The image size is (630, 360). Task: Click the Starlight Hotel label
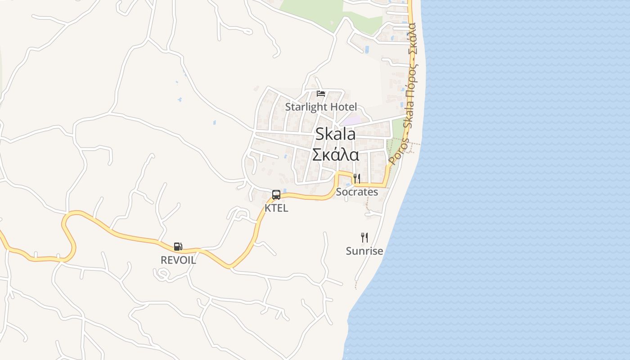(x=321, y=107)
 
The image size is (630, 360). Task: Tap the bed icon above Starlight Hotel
(x=321, y=94)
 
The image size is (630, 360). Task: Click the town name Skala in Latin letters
(x=335, y=134)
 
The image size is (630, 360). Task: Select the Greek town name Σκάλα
(x=335, y=155)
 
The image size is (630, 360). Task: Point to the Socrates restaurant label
(x=357, y=192)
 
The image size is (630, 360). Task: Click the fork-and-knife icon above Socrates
(x=356, y=178)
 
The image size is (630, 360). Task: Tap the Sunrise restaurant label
(x=364, y=251)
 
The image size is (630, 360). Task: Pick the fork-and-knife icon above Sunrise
(x=364, y=237)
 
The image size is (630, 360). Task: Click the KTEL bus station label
(x=276, y=208)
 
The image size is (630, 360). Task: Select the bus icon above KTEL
(x=276, y=195)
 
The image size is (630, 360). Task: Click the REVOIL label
(x=178, y=260)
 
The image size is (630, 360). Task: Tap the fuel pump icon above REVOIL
(x=178, y=247)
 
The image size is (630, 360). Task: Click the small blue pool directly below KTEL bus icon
(x=285, y=191)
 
